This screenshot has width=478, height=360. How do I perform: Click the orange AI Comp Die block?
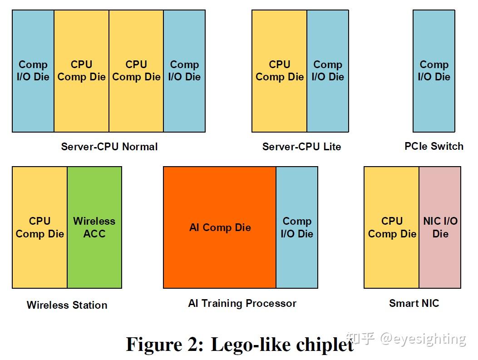(x=220, y=227)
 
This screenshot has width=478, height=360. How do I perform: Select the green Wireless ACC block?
(x=94, y=227)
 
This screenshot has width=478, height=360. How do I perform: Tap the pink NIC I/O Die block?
(x=440, y=227)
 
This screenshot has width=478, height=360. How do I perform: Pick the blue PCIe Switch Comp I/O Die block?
(x=434, y=71)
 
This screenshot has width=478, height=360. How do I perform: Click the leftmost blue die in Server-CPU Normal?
(x=33, y=71)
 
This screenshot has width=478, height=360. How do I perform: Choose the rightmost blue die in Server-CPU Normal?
(x=184, y=71)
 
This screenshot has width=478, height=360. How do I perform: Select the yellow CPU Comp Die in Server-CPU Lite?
(x=279, y=71)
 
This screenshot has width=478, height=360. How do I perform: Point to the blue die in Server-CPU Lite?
(x=328, y=71)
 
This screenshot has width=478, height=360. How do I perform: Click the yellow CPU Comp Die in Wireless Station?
(x=39, y=227)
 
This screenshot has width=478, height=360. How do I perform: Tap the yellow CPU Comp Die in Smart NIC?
(x=391, y=227)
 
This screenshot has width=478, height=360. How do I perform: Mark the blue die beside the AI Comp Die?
(x=297, y=227)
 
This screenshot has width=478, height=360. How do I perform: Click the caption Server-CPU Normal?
(x=109, y=147)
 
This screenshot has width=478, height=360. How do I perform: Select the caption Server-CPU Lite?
(x=301, y=147)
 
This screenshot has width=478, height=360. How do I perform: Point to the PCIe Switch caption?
(x=434, y=146)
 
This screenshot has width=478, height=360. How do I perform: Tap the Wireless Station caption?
(x=67, y=305)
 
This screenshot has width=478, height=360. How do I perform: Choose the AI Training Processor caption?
(x=242, y=303)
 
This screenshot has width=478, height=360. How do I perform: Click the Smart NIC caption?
(x=414, y=303)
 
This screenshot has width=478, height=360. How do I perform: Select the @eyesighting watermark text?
(x=422, y=339)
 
